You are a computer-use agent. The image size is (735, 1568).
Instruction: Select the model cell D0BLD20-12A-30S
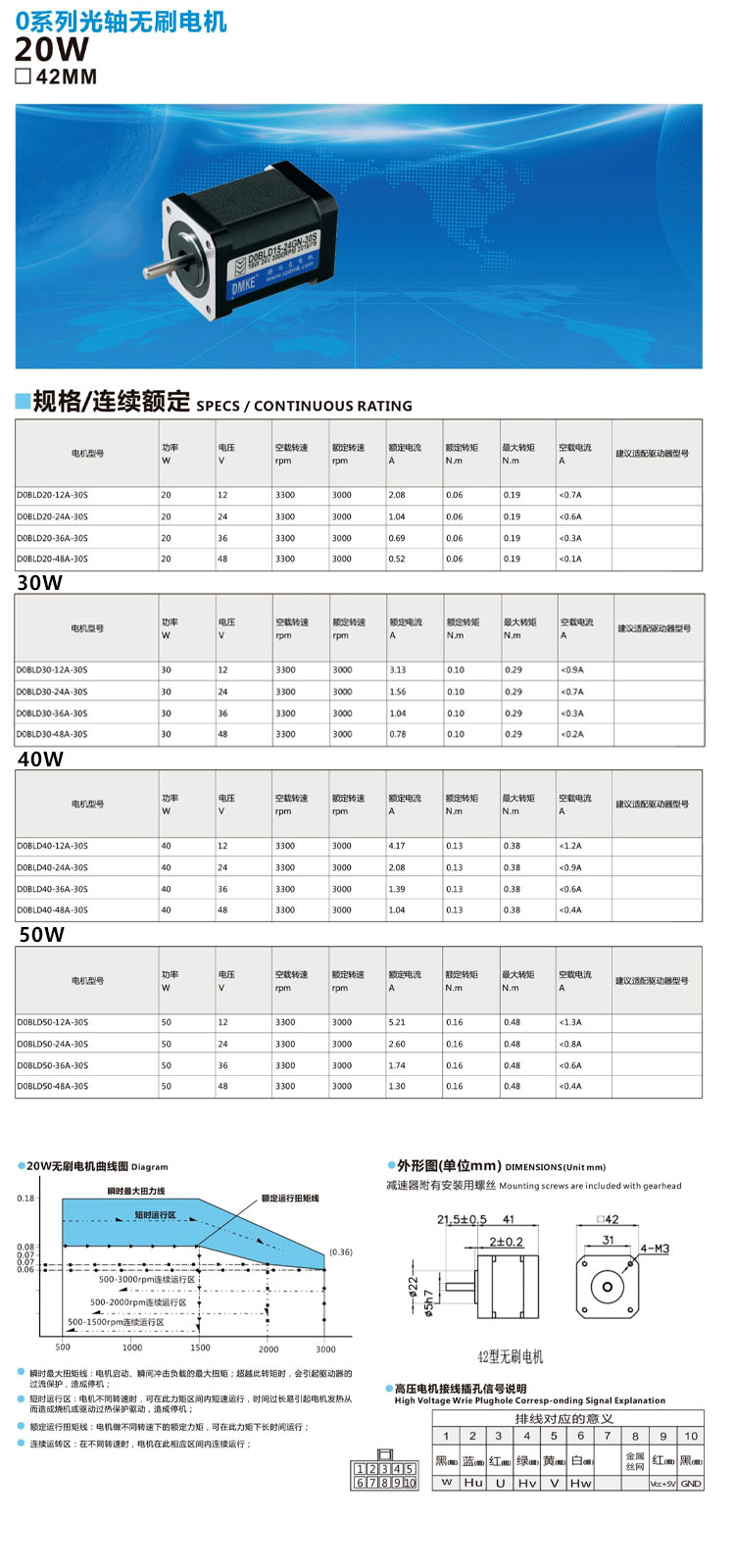(52, 495)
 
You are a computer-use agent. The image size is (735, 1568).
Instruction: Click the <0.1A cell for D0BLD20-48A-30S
(570, 559)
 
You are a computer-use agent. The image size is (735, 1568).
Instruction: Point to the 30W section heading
(39, 583)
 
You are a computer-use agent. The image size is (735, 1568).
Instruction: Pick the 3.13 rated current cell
(397, 670)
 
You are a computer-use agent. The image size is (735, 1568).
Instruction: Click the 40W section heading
(40, 759)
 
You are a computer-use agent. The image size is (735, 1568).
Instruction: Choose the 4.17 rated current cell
(397, 846)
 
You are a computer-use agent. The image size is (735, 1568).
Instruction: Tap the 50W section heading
(41, 935)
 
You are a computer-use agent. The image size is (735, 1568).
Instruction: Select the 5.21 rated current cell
(397, 1022)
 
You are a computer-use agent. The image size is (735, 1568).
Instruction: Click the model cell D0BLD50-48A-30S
(52, 1086)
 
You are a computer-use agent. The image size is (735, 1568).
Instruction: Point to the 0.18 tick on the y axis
(25, 1199)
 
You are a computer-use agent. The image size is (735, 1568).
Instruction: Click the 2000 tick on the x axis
(269, 1348)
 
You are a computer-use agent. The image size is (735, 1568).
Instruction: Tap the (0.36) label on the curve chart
(341, 1251)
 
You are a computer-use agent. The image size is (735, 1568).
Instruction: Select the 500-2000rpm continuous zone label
(138, 1302)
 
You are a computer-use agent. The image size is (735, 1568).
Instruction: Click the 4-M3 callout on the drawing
(655, 1249)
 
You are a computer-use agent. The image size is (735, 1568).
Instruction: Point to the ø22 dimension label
(413, 1284)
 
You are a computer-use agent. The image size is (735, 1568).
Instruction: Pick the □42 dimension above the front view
(608, 1219)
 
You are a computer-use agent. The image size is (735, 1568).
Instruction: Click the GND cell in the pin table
(691, 1484)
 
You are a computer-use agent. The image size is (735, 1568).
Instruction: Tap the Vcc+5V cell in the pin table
(662, 1484)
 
